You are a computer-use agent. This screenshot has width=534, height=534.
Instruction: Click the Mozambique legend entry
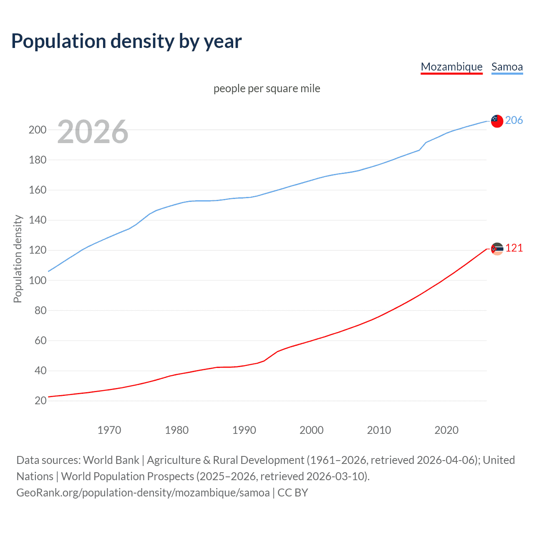click(451, 67)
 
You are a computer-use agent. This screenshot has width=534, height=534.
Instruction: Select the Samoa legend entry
click(507, 67)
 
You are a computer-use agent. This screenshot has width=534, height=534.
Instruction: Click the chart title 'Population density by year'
click(126, 41)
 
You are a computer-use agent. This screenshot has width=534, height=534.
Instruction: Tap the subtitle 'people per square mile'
click(267, 88)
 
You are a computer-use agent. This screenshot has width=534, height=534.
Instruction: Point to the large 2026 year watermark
click(93, 132)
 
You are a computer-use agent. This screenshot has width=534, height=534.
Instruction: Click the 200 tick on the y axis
click(38, 130)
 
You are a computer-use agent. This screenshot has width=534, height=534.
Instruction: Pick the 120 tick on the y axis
click(38, 250)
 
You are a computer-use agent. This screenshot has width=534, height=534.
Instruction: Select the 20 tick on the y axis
click(40, 401)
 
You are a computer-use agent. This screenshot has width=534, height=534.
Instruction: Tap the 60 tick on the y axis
click(40, 340)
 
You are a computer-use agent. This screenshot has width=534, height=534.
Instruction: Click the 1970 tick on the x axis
click(109, 430)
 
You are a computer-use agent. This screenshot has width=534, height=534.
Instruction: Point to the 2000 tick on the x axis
click(312, 430)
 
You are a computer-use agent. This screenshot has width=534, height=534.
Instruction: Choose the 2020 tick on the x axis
click(446, 430)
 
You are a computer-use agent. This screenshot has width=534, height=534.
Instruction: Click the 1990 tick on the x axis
click(244, 430)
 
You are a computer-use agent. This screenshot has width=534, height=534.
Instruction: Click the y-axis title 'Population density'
click(18, 259)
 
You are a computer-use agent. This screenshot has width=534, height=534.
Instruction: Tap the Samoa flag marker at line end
click(497, 121)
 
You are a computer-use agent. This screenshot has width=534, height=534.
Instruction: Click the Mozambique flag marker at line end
click(497, 249)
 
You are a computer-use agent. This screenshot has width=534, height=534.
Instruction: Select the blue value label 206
click(514, 121)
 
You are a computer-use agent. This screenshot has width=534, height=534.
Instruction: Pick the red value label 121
click(514, 248)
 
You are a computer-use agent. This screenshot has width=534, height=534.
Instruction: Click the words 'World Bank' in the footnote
click(111, 460)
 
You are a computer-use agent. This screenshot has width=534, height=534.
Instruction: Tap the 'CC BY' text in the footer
click(293, 493)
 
